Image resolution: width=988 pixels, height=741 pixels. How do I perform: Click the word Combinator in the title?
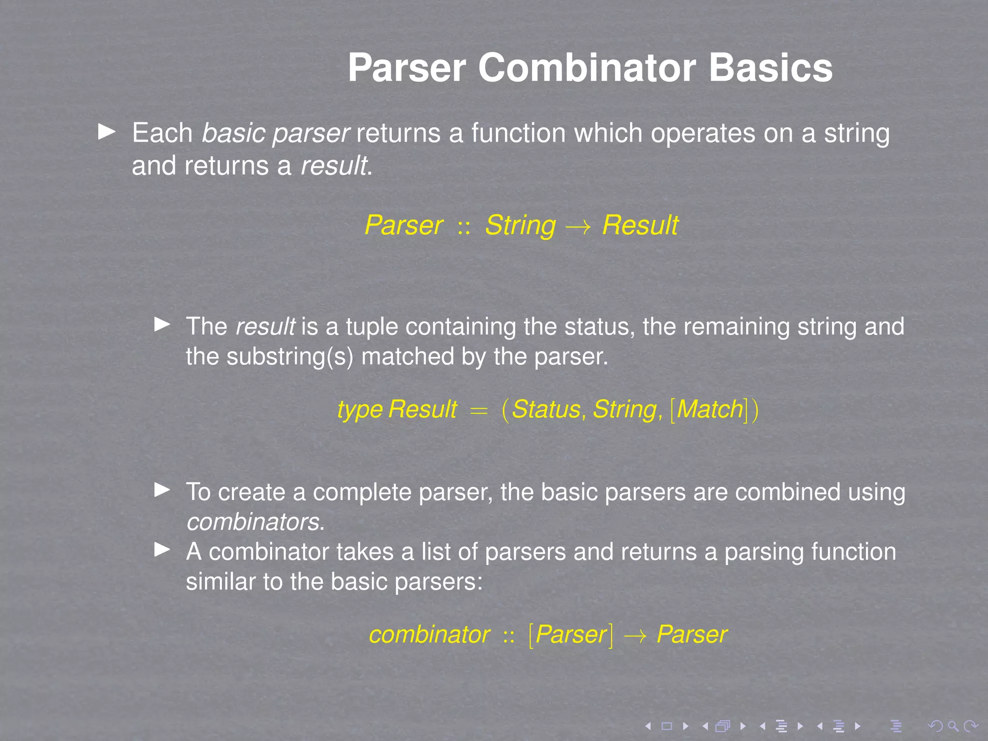pyautogui.click(x=587, y=68)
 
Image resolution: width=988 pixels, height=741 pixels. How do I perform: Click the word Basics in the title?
pyautogui.click(x=770, y=68)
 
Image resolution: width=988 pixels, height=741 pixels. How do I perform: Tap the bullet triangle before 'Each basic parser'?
pyautogui.click(x=107, y=132)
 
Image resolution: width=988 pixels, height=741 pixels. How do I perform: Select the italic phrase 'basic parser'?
pyautogui.click(x=275, y=134)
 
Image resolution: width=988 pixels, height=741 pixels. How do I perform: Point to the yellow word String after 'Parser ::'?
pyautogui.click(x=520, y=225)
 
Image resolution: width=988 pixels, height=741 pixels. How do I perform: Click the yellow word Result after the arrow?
pyautogui.click(x=640, y=225)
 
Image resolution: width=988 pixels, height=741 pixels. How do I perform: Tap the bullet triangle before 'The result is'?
pyautogui.click(x=162, y=324)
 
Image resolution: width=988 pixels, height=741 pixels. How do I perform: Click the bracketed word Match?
pyautogui.click(x=710, y=410)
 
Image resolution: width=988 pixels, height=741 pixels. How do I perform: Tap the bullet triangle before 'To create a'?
pyautogui.click(x=162, y=490)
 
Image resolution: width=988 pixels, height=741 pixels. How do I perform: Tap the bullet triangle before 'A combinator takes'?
pyautogui.click(x=162, y=549)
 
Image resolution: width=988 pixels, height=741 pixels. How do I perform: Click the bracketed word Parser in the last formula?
pyautogui.click(x=571, y=634)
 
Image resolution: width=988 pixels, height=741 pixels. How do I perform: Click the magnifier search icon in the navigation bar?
pyautogui.click(x=953, y=726)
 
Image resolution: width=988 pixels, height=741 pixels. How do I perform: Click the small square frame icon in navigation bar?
pyautogui.click(x=667, y=726)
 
